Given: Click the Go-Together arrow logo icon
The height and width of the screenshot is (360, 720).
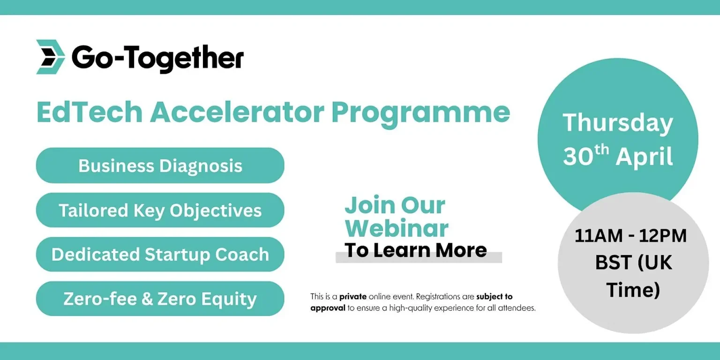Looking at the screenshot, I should [x=51, y=57].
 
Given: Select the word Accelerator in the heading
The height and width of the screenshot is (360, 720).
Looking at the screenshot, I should [x=237, y=112].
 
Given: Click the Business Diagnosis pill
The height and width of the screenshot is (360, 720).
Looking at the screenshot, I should [x=160, y=165].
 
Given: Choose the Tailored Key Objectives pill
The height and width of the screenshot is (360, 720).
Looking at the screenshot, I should [x=160, y=210].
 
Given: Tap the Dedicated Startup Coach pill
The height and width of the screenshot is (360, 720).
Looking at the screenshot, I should [x=160, y=255].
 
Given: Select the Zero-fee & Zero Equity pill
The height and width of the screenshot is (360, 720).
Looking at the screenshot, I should [x=160, y=299].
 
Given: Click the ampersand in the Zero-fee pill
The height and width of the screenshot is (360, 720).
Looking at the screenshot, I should [x=147, y=299].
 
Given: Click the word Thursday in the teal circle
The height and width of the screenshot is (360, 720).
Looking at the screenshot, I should [x=618, y=123].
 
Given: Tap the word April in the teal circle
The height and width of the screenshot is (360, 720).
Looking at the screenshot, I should [x=645, y=157].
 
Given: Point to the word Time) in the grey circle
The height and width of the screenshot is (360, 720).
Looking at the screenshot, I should [x=633, y=291].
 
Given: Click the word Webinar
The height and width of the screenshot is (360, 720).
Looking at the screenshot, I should [x=397, y=228].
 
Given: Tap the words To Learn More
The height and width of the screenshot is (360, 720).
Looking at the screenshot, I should [x=416, y=250].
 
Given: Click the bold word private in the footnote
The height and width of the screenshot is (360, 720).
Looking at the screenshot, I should [x=353, y=297].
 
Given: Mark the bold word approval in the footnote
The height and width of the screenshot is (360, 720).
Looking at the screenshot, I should [x=328, y=308].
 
